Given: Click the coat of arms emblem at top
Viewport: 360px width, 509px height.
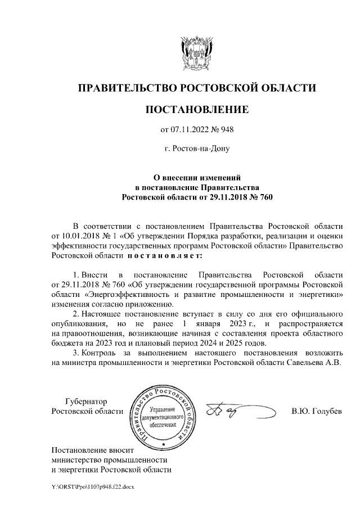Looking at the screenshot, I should (196, 52).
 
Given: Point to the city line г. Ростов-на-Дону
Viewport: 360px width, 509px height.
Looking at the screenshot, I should (196, 149).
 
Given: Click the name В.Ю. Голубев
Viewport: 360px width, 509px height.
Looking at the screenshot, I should (316, 412).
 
